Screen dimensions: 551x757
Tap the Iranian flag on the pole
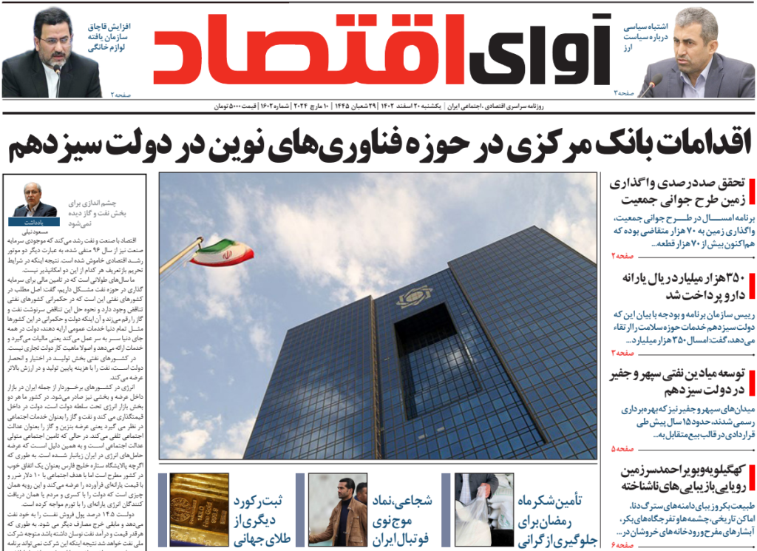[x=221, y=251]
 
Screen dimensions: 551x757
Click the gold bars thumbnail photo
[x=199, y=510]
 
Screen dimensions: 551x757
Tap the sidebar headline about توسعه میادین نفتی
[x=678, y=382]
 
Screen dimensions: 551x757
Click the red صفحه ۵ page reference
[x=622, y=449]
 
